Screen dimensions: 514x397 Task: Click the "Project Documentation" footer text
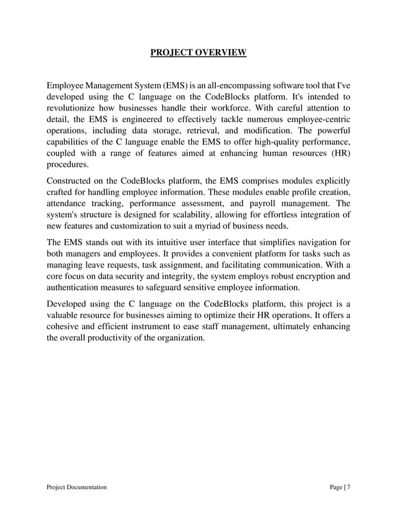coord(77,488)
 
